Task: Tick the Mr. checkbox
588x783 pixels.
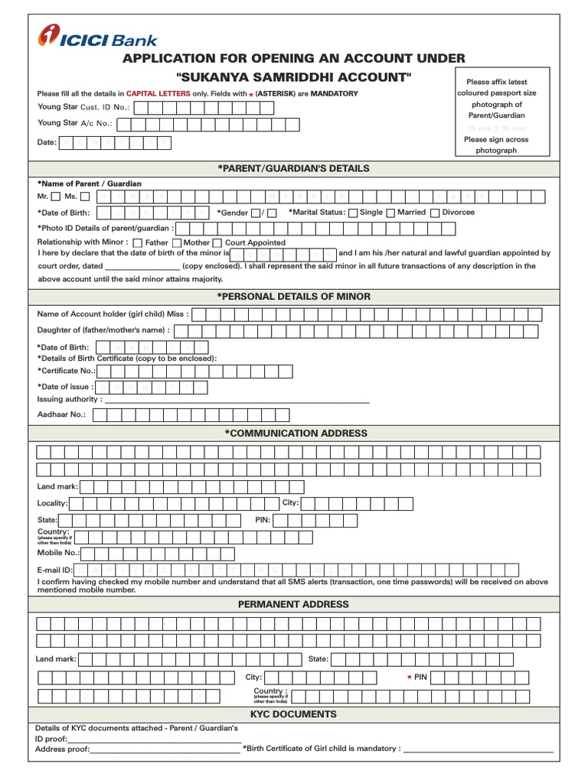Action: [x=56, y=197]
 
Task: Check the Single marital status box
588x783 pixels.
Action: [x=353, y=213]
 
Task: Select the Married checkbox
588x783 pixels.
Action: [x=390, y=213]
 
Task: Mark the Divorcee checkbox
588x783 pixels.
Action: [x=435, y=213]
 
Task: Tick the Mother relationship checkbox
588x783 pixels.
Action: [x=177, y=243]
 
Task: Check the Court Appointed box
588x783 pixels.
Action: [x=217, y=243]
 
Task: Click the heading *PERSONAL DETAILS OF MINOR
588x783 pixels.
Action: [x=293, y=296]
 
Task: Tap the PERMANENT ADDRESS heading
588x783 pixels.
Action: [x=293, y=604]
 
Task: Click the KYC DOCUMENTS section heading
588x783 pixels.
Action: [x=293, y=714]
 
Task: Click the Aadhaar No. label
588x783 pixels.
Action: [x=62, y=414]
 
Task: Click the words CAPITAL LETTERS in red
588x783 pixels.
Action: [x=158, y=93]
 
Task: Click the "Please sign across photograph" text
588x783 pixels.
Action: [x=496, y=145]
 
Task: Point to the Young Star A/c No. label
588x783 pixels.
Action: [x=75, y=123]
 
